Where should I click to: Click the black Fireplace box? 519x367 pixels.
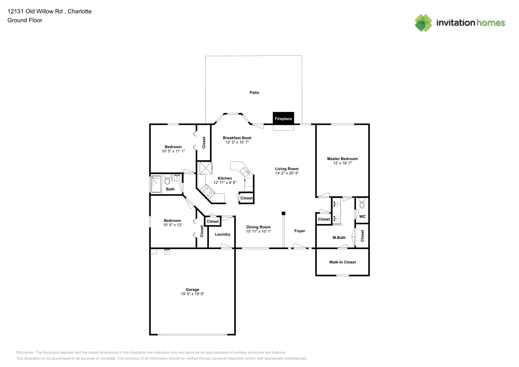click(283, 119)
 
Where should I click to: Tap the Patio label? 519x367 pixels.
click(254, 92)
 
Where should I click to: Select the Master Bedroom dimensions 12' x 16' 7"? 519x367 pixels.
click(342, 163)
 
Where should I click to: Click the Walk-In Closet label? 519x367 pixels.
click(342, 262)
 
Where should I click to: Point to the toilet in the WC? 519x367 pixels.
click(362, 204)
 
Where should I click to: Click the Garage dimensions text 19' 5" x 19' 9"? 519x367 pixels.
click(192, 294)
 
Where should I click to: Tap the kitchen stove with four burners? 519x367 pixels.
click(208, 191)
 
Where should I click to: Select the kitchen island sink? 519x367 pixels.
click(245, 172)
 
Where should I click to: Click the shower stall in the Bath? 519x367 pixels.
click(156, 184)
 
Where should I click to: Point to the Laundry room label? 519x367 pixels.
click(222, 234)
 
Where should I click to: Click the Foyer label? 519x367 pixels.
click(300, 231)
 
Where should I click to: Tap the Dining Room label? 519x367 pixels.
click(258, 227)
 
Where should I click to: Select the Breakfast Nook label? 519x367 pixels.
click(237, 138)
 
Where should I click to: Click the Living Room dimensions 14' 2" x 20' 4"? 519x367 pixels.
click(287, 173)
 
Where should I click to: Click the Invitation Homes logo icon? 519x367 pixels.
click(423, 23)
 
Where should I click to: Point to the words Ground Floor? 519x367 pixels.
click(25, 20)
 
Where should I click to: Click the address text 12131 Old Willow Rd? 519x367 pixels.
click(35, 11)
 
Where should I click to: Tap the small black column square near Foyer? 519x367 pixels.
click(283, 213)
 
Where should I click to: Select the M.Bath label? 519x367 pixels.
click(339, 237)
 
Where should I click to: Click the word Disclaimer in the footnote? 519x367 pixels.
click(25, 352)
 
